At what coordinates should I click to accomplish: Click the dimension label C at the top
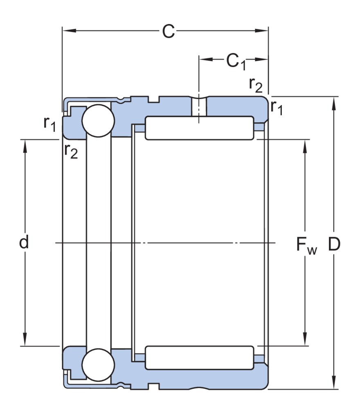pos(168,31)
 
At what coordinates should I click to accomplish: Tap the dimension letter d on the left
pos(25,243)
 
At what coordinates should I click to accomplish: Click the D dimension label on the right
pos(334,244)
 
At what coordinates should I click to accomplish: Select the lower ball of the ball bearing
pos(97,365)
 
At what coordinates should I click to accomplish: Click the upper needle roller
pos(199,128)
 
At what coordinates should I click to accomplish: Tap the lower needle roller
pos(199,358)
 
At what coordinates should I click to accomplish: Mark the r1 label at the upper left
pos(49,124)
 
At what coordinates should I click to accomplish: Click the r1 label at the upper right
pos(277,107)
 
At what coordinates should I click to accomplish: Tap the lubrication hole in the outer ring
pos(199,106)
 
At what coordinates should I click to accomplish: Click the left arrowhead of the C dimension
pos(67,31)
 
